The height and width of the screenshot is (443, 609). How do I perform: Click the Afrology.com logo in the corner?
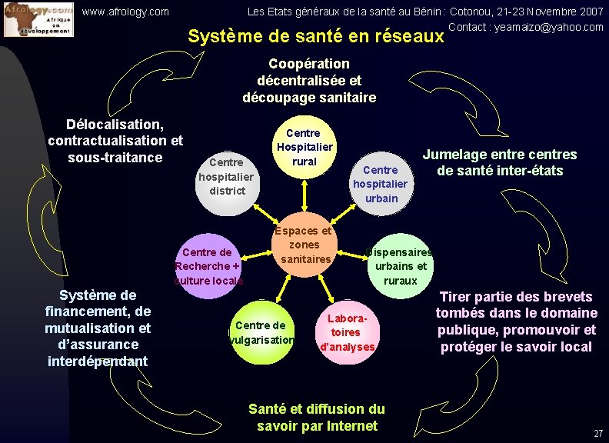pyautogui.click(x=38, y=19)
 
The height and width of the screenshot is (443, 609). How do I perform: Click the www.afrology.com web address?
pyautogui.click(x=125, y=12)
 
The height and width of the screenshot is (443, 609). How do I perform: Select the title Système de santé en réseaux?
pyautogui.click(x=316, y=36)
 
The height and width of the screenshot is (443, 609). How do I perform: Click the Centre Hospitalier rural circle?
pyautogui.click(x=304, y=147)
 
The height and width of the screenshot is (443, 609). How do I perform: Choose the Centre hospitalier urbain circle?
pyautogui.click(x=380, y=183)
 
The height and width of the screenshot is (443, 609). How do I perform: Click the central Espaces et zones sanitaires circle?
pyautogui.click(x=305, y=245)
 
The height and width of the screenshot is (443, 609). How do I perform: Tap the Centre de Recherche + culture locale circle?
pyautogui.click(x=208, y=265)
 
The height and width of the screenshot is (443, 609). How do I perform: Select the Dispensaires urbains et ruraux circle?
pyautogui.click(x=400, y=265)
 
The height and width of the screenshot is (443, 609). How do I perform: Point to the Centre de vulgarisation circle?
pyautogui.click(x=261, y=332)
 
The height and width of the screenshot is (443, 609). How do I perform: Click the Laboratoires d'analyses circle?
pyautogui.click(x=347, y=332)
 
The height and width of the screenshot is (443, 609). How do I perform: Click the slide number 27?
pyautogui.click(x=598, y=434)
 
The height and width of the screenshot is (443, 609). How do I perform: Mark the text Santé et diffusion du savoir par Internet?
pyautogui.click(x=317, y=417)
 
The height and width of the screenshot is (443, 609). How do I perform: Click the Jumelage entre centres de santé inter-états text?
pyautogui.click(x=500, y=162)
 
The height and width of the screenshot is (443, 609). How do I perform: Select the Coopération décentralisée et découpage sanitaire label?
pyautogui.click(x=309, y=81)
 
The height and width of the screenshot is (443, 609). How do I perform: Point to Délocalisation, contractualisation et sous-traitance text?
pyautogui.click(x=115, y=141)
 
